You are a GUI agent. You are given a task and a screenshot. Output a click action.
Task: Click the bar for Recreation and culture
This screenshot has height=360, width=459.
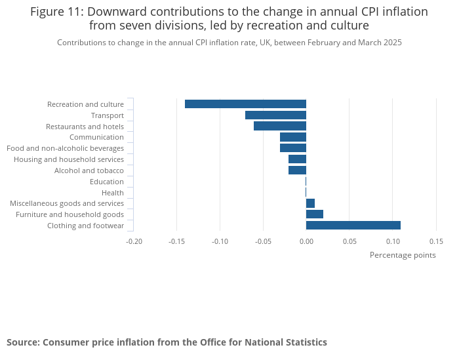click(245, 104)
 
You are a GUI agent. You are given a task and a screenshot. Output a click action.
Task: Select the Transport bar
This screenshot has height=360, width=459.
click(275, 115)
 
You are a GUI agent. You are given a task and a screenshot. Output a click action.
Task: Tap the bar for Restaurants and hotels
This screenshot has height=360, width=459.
click(280, 126)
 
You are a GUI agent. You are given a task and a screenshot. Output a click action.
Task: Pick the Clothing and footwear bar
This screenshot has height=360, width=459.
click(353, 226)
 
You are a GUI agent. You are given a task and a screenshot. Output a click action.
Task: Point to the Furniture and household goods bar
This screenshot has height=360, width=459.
click(315, 214)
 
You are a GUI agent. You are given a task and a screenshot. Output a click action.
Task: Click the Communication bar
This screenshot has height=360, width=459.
click(293, 137)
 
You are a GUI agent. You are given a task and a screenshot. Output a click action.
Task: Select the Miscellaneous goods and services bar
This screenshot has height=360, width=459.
click(310, 203)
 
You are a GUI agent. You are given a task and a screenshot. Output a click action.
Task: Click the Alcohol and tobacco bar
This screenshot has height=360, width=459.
click(297, 170)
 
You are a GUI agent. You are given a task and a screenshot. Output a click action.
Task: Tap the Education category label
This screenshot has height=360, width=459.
click(106, 182)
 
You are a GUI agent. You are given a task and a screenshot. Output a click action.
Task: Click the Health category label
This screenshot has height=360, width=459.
click(112, 193)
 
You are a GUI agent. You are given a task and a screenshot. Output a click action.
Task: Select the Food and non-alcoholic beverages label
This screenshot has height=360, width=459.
click(65, 148)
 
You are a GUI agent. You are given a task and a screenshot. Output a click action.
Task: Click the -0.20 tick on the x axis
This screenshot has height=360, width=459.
click(134, 241)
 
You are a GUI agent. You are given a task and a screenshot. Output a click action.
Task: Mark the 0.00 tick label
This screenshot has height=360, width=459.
click(306, 241)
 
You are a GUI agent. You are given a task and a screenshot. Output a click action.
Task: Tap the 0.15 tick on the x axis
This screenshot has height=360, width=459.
click(436, 241)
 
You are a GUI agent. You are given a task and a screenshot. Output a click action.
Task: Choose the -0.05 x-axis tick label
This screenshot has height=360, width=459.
click(263, 241)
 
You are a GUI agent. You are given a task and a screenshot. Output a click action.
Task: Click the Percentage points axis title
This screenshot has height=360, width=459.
click(403, 255)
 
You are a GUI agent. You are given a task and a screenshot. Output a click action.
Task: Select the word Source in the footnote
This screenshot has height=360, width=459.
click(22, 342)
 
